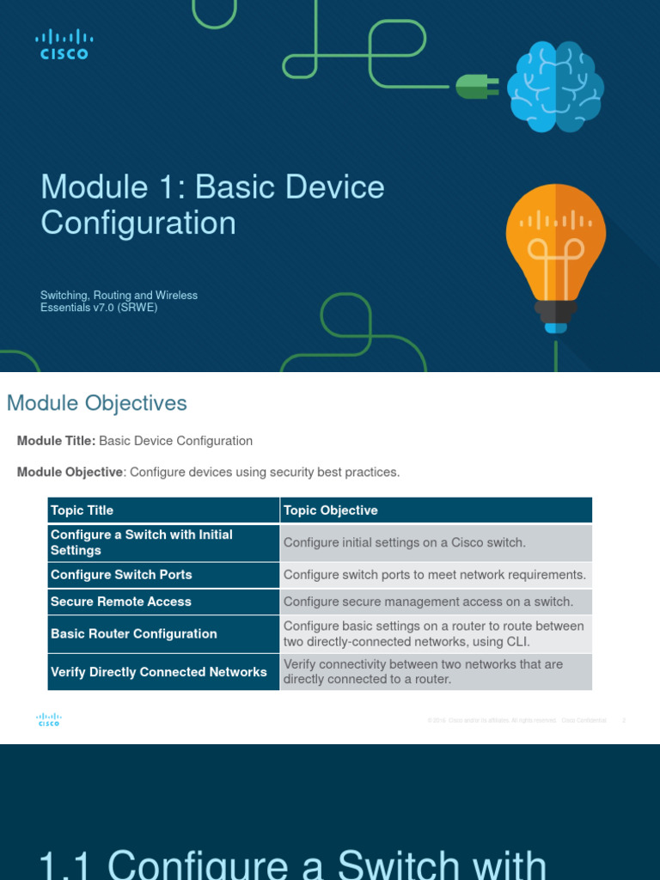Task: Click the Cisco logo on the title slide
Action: click(x=64, y=45)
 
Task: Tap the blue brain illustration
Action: click(x=554, y=88)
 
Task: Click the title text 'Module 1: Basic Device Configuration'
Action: click(x=212, y=205)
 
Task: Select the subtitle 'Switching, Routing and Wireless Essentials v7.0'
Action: click(x=119, y=301)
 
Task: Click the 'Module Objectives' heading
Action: click(x=96, y=403)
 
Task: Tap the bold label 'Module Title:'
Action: click(x=56, y=441)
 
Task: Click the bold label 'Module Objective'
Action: click(x=70, y=473)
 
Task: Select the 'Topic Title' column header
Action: click(x=82, y=510)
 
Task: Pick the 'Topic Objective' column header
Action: click(x=331, y=510)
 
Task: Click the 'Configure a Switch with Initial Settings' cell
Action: click(x=142, y=542)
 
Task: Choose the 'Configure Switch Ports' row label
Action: click(x=121, y=575)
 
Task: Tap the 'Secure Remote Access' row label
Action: click(x=121, y=602)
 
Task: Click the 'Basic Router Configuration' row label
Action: click(x=134, y=633)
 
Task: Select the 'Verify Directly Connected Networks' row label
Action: click(x=159, y=672)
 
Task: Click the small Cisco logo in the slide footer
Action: click(x=49, y=720)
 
